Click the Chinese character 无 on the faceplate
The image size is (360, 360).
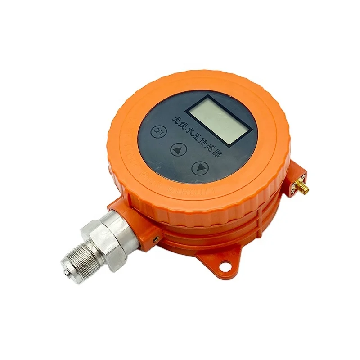pos(174,118)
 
